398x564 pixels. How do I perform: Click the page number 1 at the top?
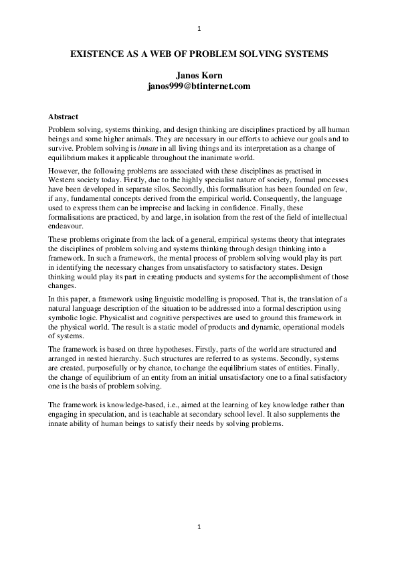pos(199,29)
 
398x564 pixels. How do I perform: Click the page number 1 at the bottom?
pos(199,528)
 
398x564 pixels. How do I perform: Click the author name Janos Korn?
pos(199,77)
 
